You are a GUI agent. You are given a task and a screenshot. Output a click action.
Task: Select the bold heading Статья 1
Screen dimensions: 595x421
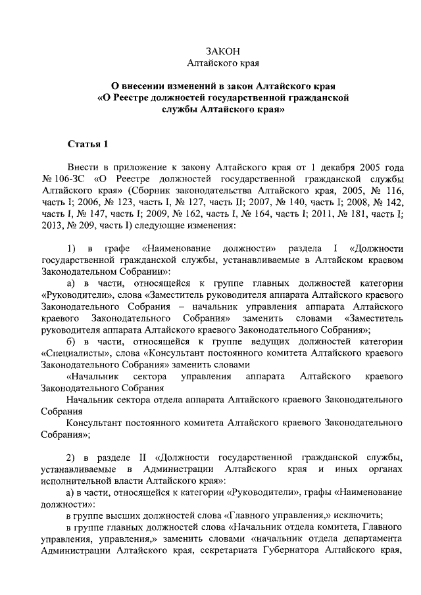click(86, 143)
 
